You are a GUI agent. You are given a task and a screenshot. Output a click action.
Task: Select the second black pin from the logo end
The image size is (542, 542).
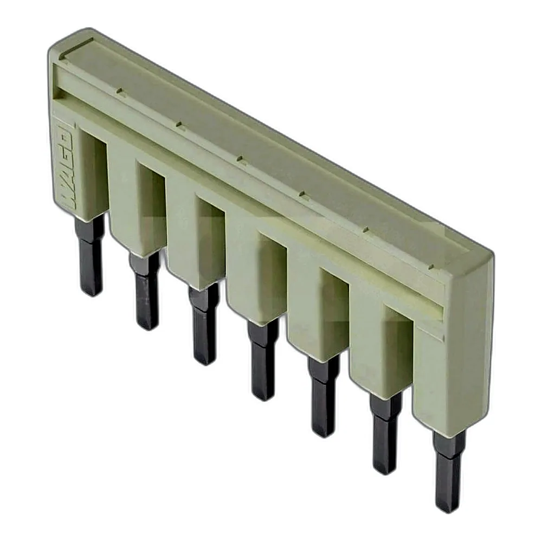click(x=145, y=291)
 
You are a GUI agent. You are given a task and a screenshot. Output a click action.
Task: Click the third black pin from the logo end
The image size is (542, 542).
click(x=204, y=324)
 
